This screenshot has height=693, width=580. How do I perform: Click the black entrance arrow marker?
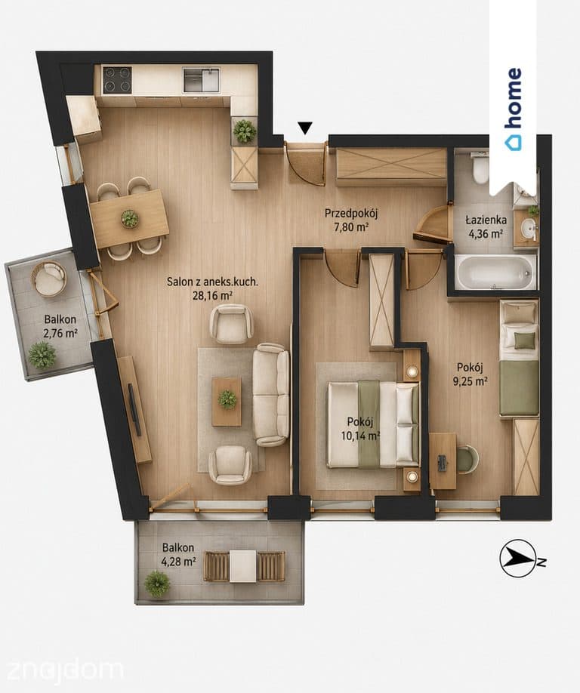(x=305, y=128)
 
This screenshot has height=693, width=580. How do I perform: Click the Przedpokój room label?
(x=351, y=214)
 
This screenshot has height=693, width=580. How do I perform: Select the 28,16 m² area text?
(x=213, y=296)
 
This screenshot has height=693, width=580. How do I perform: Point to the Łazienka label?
(x=486, y=220)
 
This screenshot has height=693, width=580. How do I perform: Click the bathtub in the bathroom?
(x=495, y=272)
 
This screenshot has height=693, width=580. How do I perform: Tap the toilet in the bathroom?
(x=480, y=169)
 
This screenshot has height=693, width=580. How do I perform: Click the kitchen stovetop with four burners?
(x=117, y=80)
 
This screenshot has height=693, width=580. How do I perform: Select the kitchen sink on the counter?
(x=201, y=80)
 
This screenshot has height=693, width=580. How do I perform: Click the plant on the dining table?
(x=130, y=218)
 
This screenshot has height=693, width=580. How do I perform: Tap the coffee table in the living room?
(x=227, y=402)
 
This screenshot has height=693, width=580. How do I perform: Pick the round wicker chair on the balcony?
(x=48, y=279)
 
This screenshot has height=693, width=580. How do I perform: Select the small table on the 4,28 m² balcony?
(x=242, y=566)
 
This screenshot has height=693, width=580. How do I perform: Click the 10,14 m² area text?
(x=360, y=436)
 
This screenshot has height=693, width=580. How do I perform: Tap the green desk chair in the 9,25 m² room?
(x=467, y=459)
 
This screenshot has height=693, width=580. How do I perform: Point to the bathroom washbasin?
(x=527, y=229)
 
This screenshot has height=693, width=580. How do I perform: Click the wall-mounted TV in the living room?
(x=134, y=410)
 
